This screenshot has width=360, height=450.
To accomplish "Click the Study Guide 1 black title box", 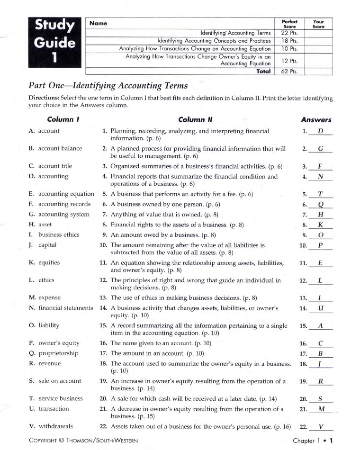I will [x=55, y=42].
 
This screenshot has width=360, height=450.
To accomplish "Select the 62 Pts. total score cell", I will [x=289, y=71].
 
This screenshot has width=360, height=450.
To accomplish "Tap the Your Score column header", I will [x=318, y=24].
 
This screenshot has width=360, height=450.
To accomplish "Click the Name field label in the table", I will [x=98, y=23].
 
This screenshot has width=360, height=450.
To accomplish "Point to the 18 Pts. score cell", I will [x=289, y=41].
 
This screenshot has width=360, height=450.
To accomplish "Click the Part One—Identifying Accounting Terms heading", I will [x=108, y=86].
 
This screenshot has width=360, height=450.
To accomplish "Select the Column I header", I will [x=63, y=119].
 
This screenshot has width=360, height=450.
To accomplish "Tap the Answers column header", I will [x=316, y=120].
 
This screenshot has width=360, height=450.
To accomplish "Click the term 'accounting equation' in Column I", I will [x=66, y=194].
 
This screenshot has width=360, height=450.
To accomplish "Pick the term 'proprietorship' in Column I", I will [x=58, y=353].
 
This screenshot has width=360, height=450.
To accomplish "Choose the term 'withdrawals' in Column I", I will [x=55, y=426].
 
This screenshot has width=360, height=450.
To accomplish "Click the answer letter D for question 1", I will [x=320, y=131].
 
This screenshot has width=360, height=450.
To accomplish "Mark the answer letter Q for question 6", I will [x=320, y=205].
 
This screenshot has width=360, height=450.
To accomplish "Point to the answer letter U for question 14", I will [x=320, y=308].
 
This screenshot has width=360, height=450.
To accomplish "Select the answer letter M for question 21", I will [x=321, y=409].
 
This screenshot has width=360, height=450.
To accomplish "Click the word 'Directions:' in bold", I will [x=44, y=98].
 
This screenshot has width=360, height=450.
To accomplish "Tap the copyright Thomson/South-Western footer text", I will [x=83, y=440].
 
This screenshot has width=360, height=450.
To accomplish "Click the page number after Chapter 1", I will [x=331, y=441].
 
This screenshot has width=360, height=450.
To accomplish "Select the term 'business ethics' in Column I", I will [x=58, y=235].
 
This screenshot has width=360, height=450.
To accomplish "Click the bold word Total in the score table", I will [x=263, y=71].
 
